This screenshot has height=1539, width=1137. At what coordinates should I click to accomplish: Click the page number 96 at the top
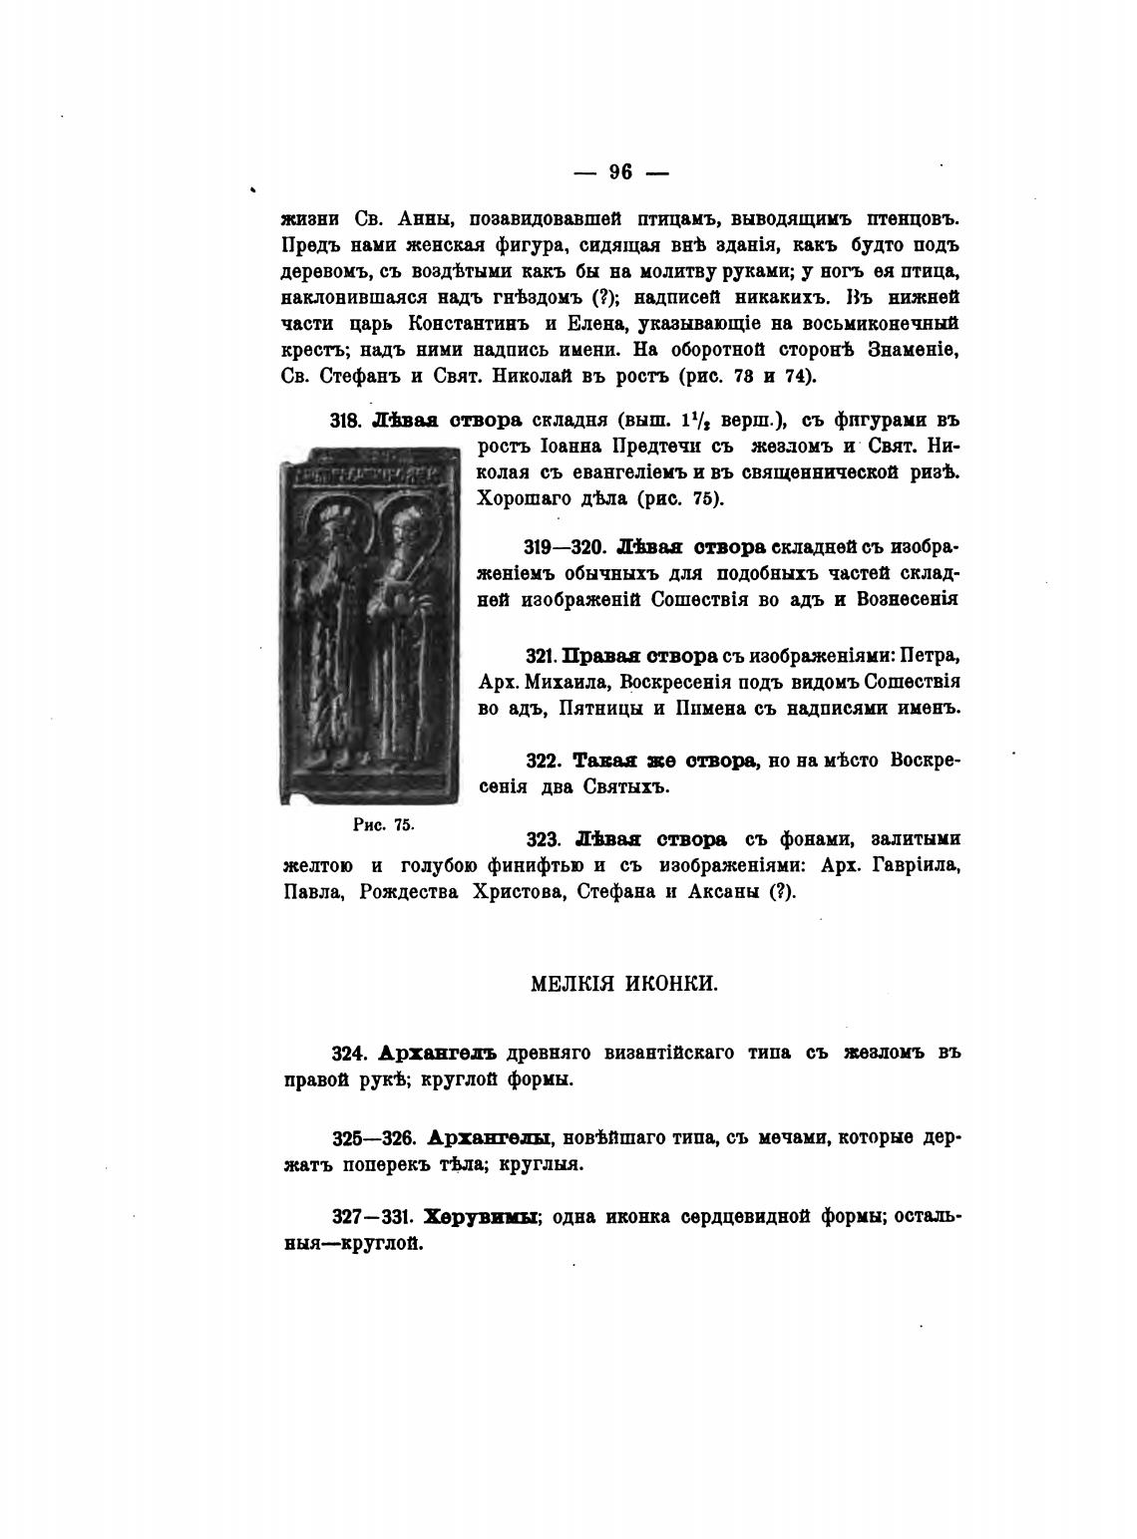tap(619, 171)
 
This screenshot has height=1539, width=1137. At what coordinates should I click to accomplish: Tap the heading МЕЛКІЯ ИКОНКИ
tap(623, 984)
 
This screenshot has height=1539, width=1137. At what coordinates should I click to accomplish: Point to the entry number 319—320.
tap(566, 547)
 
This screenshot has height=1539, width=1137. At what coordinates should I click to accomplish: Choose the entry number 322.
tap(544, 761)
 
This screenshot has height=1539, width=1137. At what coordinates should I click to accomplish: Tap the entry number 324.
tap(352, 1054)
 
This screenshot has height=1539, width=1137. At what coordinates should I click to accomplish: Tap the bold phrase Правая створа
tap(640, 657)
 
